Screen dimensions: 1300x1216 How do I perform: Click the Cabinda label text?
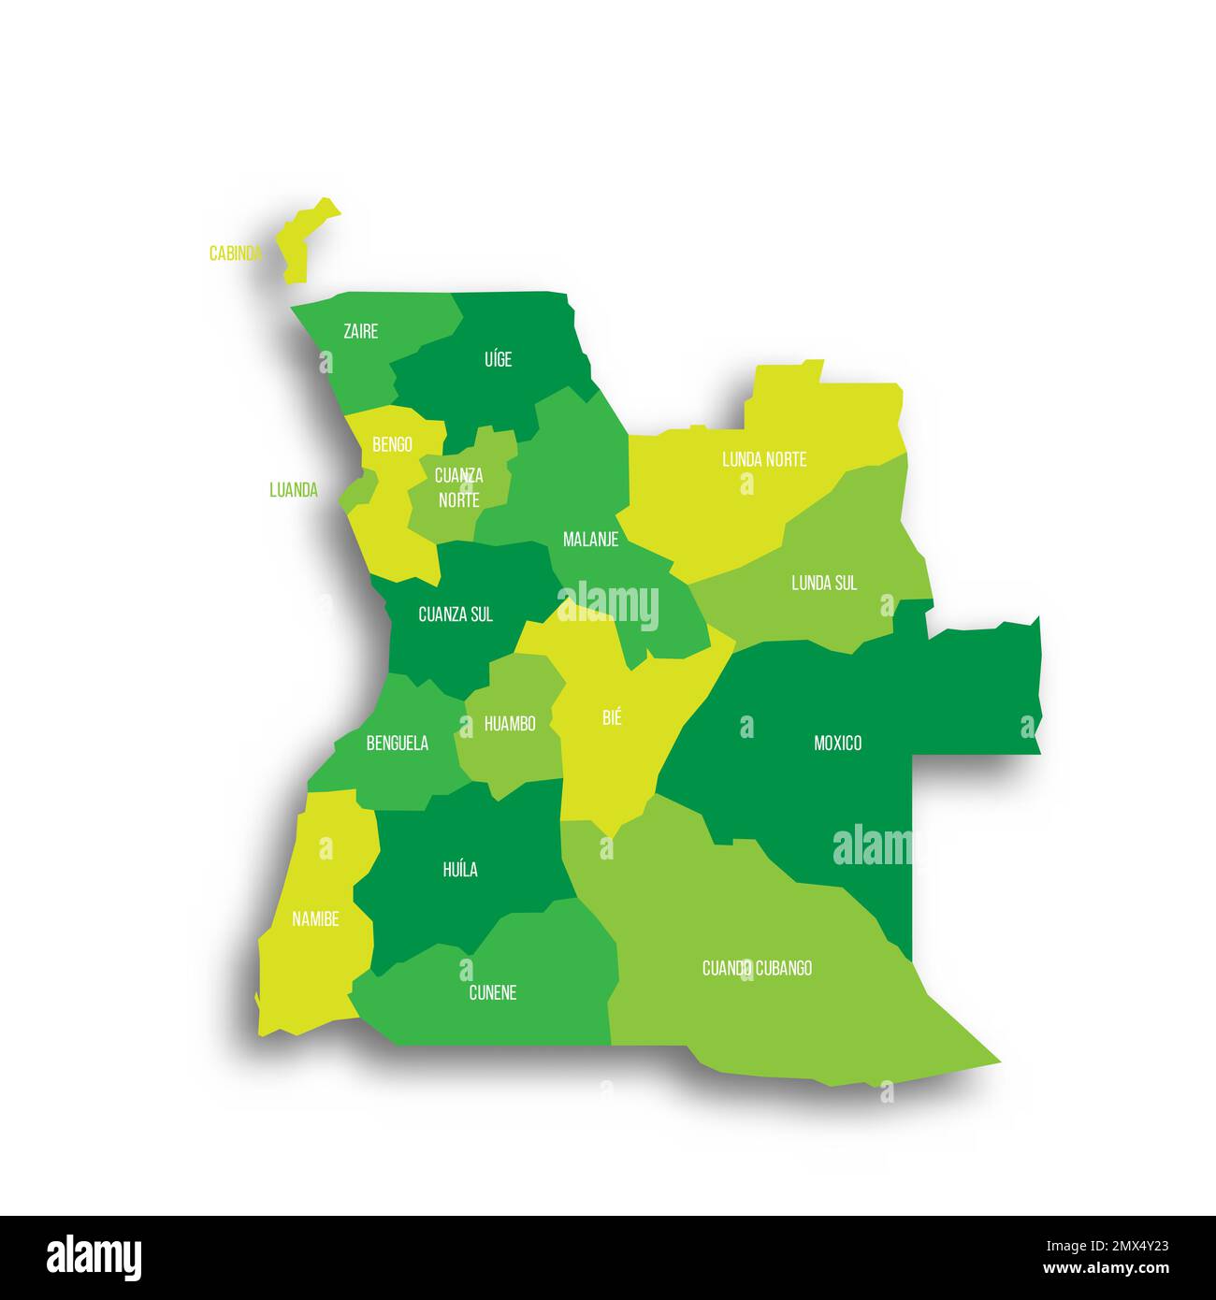click(x=235, y=253)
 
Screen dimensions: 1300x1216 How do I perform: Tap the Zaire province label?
click(x=361, y=331)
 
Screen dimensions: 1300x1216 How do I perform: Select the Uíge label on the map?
click(x=499, y=359)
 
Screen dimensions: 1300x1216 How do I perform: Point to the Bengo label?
click(x=392, y=444)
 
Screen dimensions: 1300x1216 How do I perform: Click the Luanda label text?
click(x=294, y=489)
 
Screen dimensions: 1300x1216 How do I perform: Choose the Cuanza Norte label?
click(x=458, y=487)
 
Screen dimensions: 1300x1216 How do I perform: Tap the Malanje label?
click(x=590, y=540)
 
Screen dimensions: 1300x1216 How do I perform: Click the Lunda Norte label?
click(x=764, y=459)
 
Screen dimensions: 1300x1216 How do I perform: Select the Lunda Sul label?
click(x=824, y=583)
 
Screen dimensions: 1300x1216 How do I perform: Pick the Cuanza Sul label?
click(x=456, y=614)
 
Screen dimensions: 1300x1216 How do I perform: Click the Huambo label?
click(x=510, y=723)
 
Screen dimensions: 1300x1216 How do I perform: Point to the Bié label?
click(x=612, y=717)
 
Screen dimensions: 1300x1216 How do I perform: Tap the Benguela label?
click(x=398, y=743)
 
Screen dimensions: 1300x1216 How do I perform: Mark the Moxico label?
click(x=837, y=743)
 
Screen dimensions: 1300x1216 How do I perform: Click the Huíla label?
click(x=460, y=869)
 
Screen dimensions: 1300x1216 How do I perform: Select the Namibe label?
click(x=315, y=918)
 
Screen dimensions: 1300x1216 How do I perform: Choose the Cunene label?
click(x=492, y=992)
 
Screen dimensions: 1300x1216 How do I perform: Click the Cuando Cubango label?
click(x=757, y=968)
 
